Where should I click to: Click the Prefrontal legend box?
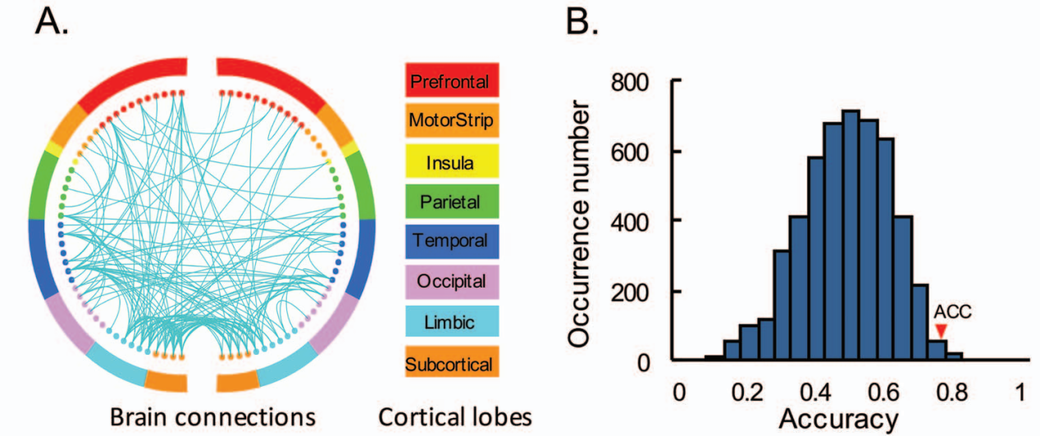coord(452,81)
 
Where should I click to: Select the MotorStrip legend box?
coord(452,121)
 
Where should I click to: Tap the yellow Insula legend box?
coord(452,161)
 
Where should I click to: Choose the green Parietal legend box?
coord(452,201)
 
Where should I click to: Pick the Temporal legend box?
coord(452,241)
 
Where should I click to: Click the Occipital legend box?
coord(452,281)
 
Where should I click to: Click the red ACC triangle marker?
coord(940,330)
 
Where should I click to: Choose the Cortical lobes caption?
coord(453,416)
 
